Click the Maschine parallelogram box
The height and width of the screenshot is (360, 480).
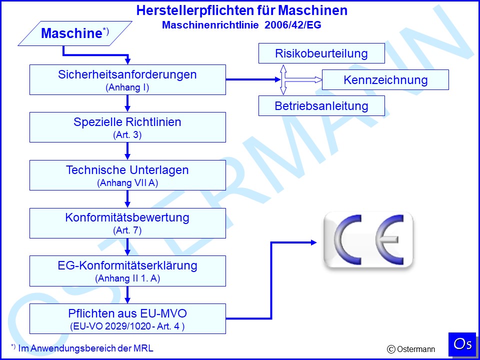(x=75, y=33)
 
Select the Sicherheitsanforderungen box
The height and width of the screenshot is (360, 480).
(x=127, y=79)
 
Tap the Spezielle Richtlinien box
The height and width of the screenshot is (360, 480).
(x=127, y=127)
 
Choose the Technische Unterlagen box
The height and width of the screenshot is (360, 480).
(x=127, y=175)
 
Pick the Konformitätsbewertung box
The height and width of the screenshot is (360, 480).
(x=127, y=223)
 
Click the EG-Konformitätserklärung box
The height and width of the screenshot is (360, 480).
(x=127, y=271)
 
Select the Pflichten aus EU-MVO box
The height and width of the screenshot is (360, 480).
(x=127, y=318)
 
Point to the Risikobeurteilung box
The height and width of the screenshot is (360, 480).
(x=321, y=53)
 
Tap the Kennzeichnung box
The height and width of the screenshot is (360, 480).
(x=385, y=79)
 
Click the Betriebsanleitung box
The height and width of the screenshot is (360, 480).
(x=321, y=105)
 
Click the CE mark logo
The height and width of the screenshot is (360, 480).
(x=368, y=240)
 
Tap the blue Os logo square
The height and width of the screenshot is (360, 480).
(x=462, y=344)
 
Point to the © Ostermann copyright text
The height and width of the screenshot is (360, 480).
(x=411, y=349)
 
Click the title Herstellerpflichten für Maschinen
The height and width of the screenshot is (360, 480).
(x=242, y=10)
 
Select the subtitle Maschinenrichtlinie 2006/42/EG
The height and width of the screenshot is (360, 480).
(x=241, y=25)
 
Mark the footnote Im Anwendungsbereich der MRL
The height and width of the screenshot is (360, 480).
(x=82, y=348)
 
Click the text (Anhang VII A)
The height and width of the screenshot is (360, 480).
(x=127, y=183)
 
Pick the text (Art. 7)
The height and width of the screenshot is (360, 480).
(x=127, y=230)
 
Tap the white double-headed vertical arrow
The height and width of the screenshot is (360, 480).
(x=283, y=79)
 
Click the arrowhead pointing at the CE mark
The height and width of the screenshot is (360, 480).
(x=314, y=243)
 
